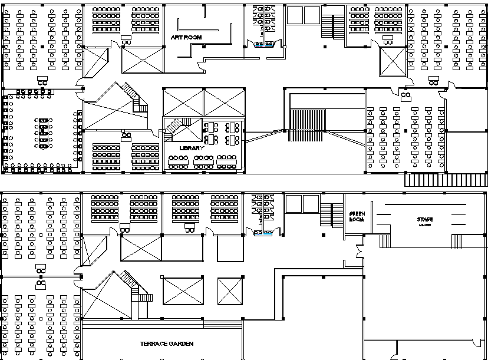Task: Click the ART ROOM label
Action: pos(186,37)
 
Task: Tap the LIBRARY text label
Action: pos(192,148)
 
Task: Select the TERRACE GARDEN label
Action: pos(167,344)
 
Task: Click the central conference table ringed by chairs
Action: pos(44,134)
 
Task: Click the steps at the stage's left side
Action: pos(384,241)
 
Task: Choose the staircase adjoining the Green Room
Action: pos(333,216)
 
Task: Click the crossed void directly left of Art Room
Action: pos(143,61)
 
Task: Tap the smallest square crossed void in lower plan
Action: pos(230,291)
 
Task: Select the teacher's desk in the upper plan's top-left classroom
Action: pos(42,80)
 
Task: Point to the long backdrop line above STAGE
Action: pos(424,204)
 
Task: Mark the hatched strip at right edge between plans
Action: pos(446,180)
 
